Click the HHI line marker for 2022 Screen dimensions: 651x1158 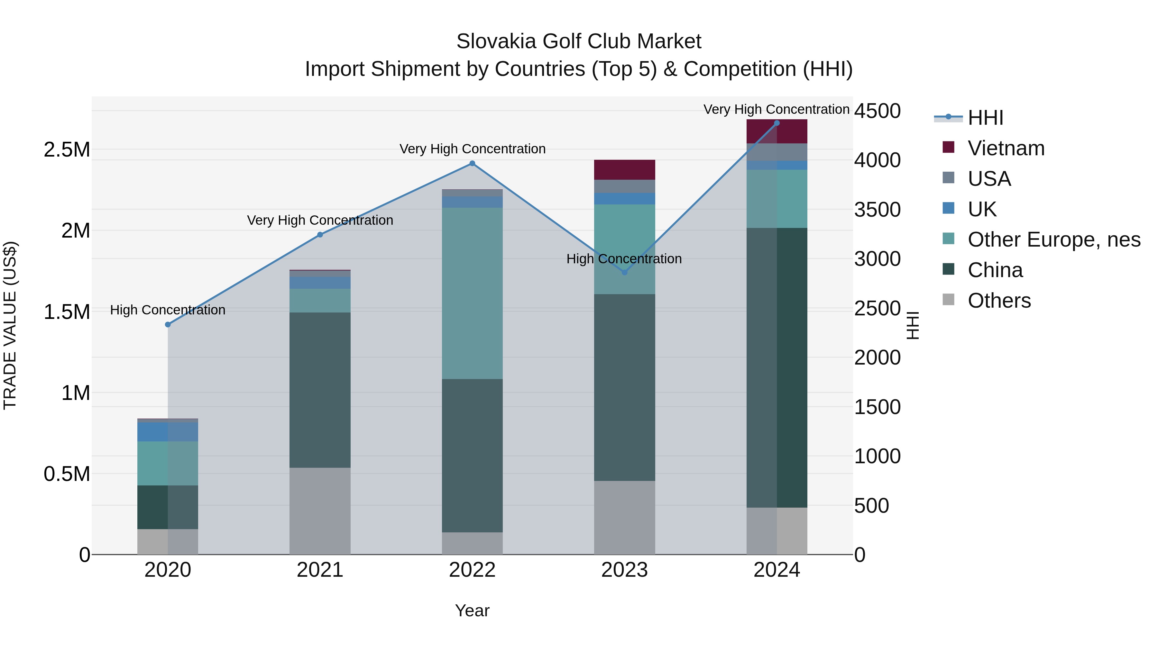(472, 164)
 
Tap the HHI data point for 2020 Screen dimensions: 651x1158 (168, 324)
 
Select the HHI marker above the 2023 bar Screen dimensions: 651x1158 (624, 272)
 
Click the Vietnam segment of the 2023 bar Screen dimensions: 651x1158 (624, 170)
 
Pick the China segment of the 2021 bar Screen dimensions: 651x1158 (320, 390)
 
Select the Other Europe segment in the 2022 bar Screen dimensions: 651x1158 (472, 293)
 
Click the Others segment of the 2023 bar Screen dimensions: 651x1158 (624, 518)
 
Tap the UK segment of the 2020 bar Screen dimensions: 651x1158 (168, 432)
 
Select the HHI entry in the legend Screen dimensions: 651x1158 (985, 118)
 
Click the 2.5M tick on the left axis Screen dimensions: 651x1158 (67, 149)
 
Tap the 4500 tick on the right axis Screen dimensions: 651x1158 (877, 111)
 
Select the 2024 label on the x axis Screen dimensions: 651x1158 (777, 570)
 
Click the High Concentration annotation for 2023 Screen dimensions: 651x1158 (624, 259)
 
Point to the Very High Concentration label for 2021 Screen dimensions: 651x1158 (320, 220)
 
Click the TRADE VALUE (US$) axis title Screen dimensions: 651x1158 (10, 325)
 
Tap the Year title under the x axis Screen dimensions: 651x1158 (472, 610)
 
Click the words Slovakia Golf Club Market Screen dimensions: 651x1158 (579, 41)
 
